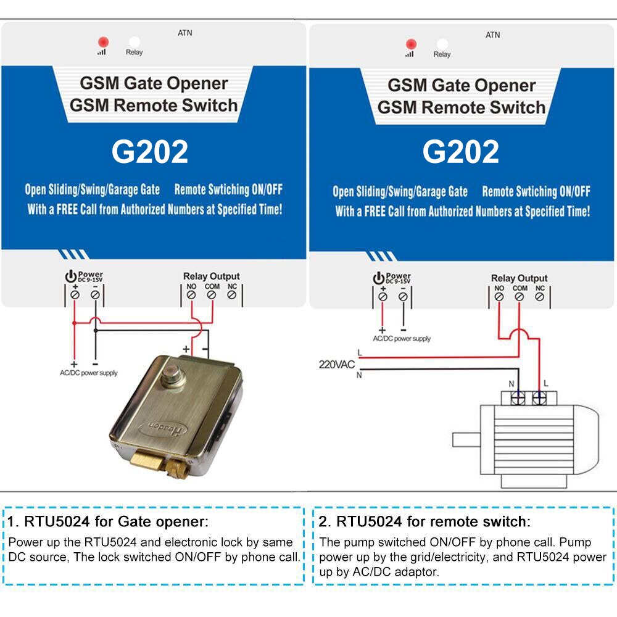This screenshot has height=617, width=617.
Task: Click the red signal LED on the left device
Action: click(102, 42)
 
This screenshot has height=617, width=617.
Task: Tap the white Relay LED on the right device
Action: click(442, 44)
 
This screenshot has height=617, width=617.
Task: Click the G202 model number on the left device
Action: click(150, 152)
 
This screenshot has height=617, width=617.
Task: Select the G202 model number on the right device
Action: click(461, 152)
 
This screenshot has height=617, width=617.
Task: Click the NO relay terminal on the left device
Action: click(191, 295)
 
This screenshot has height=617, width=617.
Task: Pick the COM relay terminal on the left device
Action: click(212, 295)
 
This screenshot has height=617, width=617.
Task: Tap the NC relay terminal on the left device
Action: click(232, 295)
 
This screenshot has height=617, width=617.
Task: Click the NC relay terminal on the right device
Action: click(540, 297)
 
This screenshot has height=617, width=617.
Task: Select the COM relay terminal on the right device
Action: click(520, 297)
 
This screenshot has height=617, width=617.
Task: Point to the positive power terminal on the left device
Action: click(75, 295)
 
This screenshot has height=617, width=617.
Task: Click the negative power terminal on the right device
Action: click(403, 297)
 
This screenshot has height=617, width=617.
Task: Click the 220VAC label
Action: click(337, 365)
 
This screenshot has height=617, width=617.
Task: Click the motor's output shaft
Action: click(466, 439)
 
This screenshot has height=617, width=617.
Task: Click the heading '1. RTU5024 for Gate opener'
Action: click(107, 521)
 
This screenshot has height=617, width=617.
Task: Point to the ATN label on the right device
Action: click(492, 35)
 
